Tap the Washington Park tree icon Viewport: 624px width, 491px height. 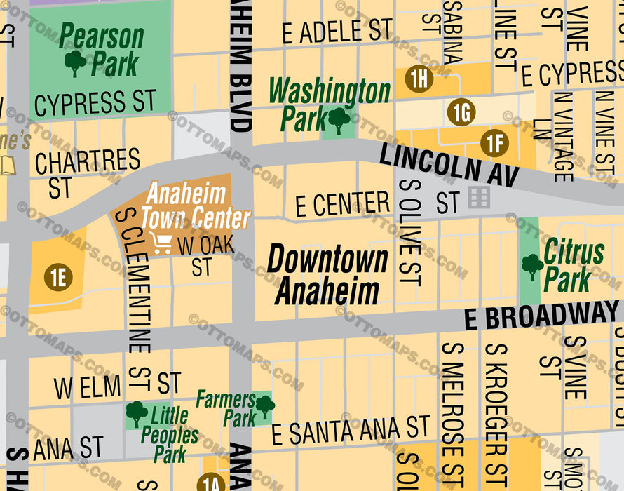pyautogui.click(x=339, y=120)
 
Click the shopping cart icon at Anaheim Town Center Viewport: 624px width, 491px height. pyautogui.click(x=161, y=243)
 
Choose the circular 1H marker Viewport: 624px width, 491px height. pyautogui.click(x=419, y=79)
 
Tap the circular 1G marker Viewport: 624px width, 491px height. pyautogui.click(x=461, y=112)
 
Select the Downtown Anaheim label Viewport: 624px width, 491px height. pyautogui.click(x=327, y=275)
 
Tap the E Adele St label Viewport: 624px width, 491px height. pyautogui.click(x=337, y=32)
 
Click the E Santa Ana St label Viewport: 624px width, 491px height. pyautogui.click(x=350, y=430)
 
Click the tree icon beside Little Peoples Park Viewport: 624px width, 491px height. pyautogui.click(x=136, y=413)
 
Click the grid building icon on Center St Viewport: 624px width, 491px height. pyautogui.click(x=480, y=198)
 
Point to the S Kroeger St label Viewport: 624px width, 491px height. pyautogui.click(x=495, y=414)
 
